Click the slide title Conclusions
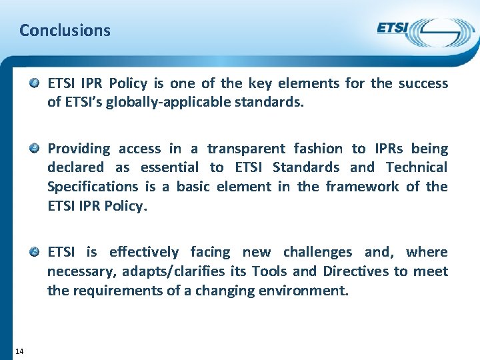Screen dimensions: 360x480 [x=65, y=30]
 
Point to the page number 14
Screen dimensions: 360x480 [x=19, y=351]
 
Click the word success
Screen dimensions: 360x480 [x=423, y=83]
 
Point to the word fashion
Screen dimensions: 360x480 [x=319, y=148]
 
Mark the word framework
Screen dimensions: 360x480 [x=363, y=187]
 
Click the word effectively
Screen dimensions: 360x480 [x=144, y=252]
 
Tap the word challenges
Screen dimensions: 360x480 [x=317, y=252]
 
